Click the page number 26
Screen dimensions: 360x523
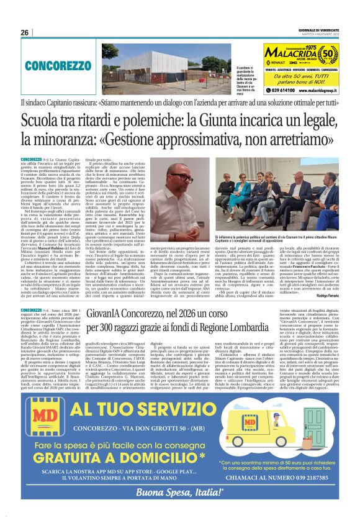25,32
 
